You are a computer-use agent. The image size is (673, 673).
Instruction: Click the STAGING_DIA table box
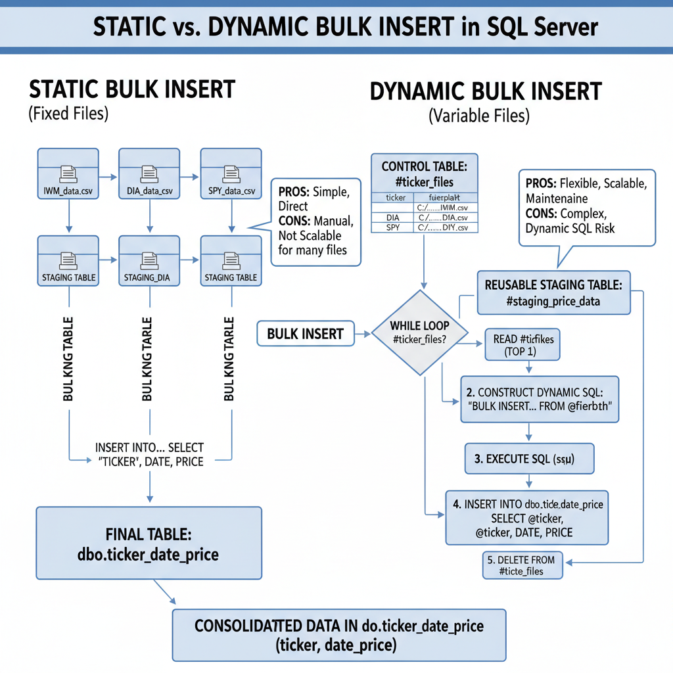click(x=149, y=261)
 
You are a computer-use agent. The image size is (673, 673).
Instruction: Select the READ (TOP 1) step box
click(x=522, y=344)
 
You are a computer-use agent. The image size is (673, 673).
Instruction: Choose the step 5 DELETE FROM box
click(x=522, y=565)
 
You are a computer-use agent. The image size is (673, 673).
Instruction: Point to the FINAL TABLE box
click(x=149, y=543)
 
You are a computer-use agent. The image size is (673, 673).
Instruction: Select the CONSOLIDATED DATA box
click(x=338, y=635)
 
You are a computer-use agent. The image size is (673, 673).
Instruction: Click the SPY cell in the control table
click(x=393, y=227)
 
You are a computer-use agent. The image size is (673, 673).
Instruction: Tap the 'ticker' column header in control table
click(x=395, y=197)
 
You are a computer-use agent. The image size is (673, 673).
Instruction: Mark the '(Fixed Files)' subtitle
click(x=68, y=113)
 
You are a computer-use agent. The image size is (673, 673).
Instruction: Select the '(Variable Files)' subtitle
click(x=478, y=116)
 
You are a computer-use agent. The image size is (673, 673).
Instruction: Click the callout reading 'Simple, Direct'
click(x=315, y=221)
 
